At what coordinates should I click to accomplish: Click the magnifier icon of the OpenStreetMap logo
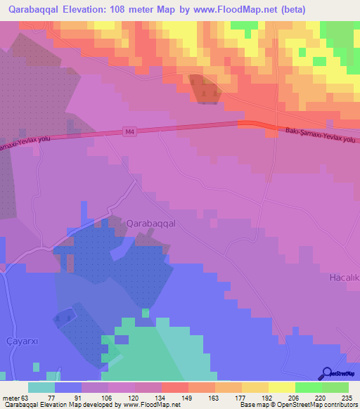point(327,373)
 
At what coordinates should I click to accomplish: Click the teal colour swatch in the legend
point(41,387)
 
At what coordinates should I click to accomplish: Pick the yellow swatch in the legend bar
point(282,387)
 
